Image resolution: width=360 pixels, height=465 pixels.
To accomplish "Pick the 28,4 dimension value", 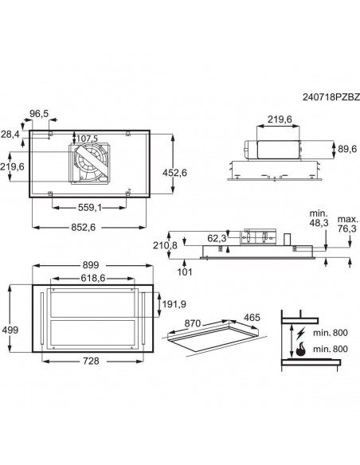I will [10, 134].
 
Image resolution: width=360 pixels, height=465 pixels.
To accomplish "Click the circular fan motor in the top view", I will [89, 163].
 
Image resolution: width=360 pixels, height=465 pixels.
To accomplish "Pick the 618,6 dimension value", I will [92, 278].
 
